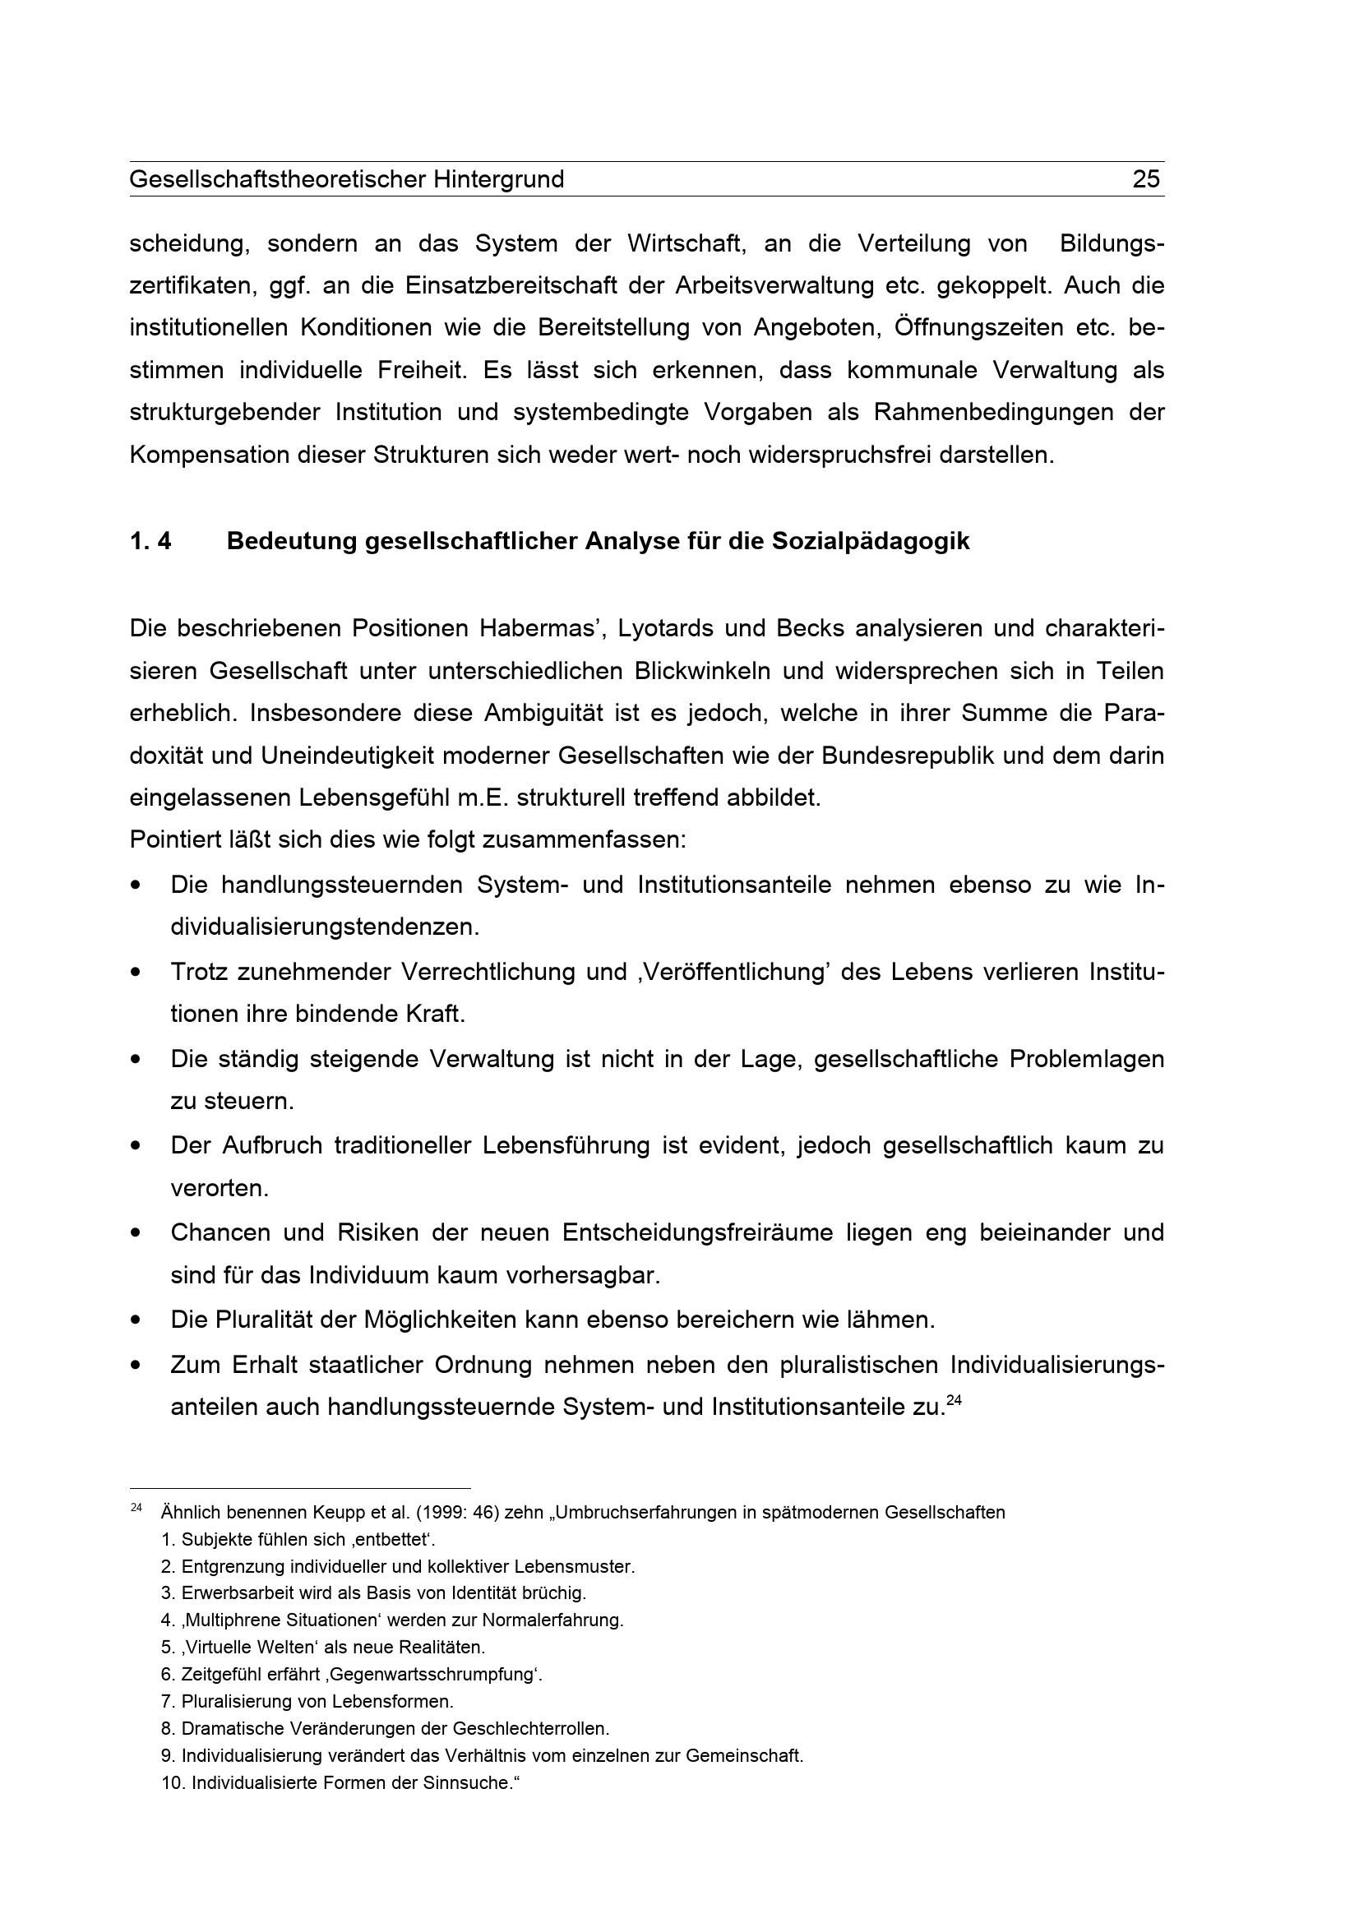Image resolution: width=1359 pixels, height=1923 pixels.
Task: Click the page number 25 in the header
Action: coord(1145,179)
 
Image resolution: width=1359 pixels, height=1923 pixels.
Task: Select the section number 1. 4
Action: coord(150,541)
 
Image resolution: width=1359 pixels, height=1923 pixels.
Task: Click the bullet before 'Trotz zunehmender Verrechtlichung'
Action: coord(135,973)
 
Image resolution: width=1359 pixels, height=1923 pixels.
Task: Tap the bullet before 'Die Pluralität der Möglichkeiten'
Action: coord(135,1321)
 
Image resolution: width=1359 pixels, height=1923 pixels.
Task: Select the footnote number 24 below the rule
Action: coord(136,1508)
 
